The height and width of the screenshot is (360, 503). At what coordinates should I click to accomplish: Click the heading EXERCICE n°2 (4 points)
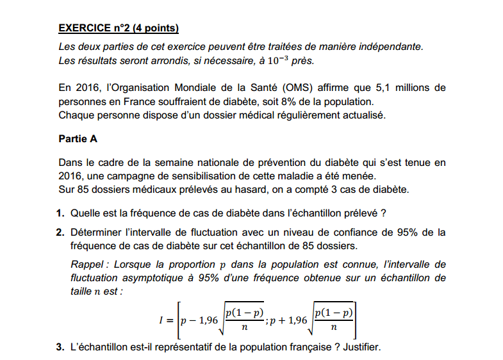[x=118, y=28]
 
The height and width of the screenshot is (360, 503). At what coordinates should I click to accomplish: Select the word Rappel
[x=87, y=265]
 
